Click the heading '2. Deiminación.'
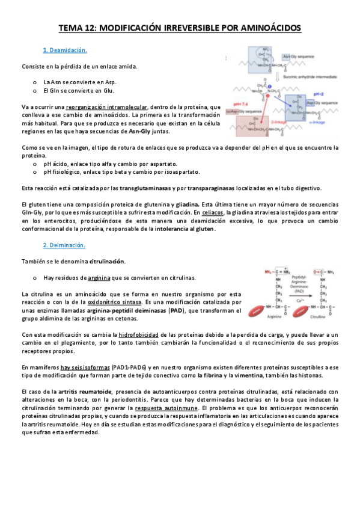64,245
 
